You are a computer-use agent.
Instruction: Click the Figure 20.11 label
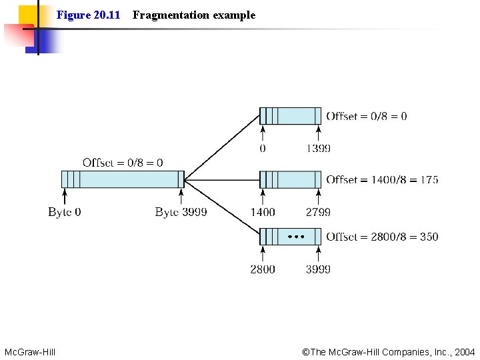(88, 15)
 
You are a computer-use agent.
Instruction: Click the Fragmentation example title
(193, 15)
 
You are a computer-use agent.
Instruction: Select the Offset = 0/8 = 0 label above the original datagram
(123, 163)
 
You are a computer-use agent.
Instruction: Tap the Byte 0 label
(65, 212)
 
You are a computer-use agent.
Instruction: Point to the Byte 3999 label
(181, 212)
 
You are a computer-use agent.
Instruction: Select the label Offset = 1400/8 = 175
(382, 179)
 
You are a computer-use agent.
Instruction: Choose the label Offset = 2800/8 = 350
(382, 237)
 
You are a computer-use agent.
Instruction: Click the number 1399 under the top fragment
(318, 149)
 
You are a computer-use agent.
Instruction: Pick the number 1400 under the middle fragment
(262, 212)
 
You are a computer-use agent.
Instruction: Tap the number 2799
(318, 212)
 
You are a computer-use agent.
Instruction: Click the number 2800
(262, 269)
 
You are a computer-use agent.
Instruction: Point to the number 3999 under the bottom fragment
(318, 269)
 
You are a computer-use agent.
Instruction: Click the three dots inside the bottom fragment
(295, 237)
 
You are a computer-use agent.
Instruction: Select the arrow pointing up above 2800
(263, 254)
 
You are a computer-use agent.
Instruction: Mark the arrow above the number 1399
(319, 133)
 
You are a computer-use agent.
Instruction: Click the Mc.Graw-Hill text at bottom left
(30, 351)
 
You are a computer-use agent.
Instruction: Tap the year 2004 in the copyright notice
(464, 351)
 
